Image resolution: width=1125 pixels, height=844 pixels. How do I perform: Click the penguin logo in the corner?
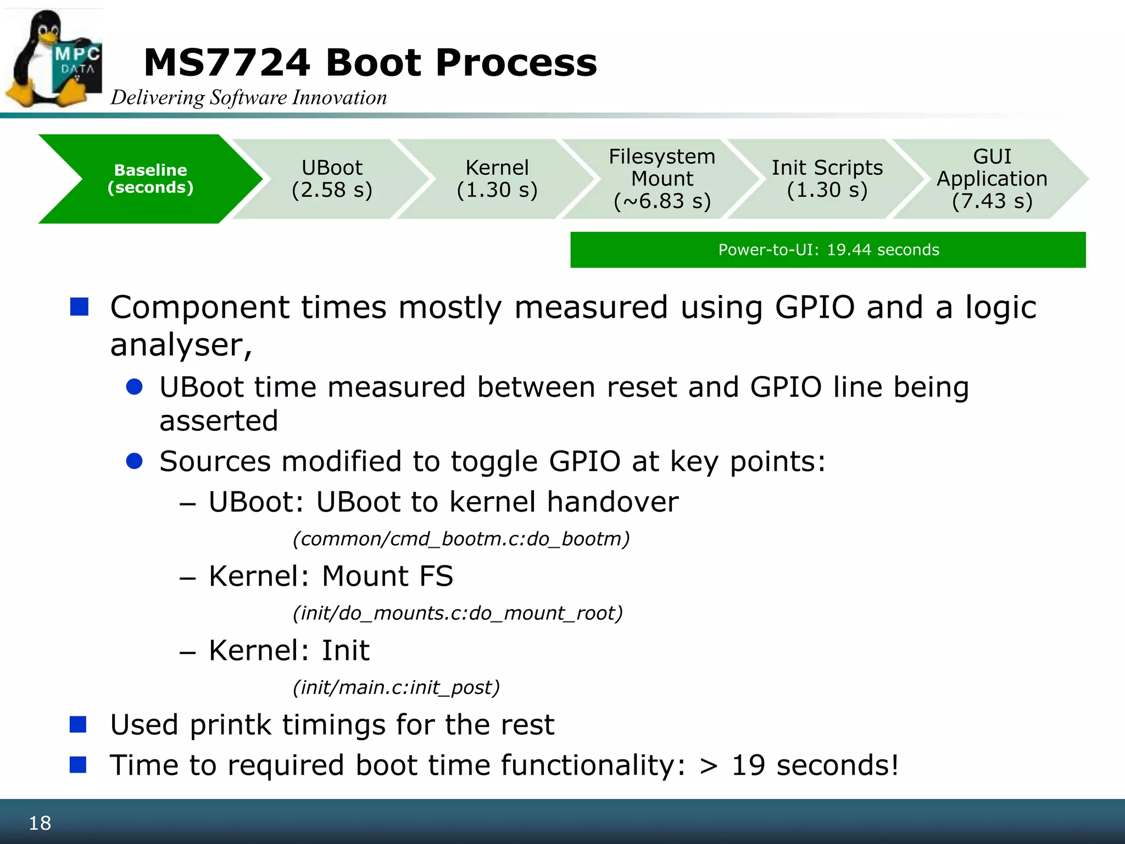click(x=54, y=59)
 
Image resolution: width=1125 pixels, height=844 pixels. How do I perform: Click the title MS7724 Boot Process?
click(x=370, y=63)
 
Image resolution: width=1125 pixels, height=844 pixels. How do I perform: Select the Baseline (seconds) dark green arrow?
click(x=151, y=179)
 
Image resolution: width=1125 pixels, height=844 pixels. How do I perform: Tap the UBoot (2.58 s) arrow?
click(x=332, y=179)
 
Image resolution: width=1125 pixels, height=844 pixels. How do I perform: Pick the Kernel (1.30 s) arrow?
click(x=497, y=179)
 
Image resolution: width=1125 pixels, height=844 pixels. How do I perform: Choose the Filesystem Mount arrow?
click(x=662, y=179)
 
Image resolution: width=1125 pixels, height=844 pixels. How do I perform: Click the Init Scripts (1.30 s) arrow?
click(x=827, y=179)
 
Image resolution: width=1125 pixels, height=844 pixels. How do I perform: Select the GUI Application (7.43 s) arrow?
click(x=992, y=179)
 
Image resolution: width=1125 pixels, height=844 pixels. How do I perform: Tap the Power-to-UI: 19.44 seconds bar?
click(x=828, y=250)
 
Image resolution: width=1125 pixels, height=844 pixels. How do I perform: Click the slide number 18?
click(x=40, y=823)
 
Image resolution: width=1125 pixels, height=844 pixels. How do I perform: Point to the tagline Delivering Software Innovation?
click(x=249, y=98)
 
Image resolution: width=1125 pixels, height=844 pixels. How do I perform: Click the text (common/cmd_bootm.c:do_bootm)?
click(x=461, y=539)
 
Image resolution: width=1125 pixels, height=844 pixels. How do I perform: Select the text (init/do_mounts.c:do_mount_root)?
click(x=458, y=613)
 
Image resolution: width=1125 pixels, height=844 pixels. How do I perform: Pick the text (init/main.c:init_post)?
click(x=396, y=687)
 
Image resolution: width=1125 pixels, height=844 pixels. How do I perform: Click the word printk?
click(x=230, y=725)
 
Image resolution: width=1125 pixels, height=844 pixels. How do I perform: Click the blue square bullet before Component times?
click(x=80, y=307)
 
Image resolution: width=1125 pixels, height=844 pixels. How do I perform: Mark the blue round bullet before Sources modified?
click(x=135, y=460)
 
